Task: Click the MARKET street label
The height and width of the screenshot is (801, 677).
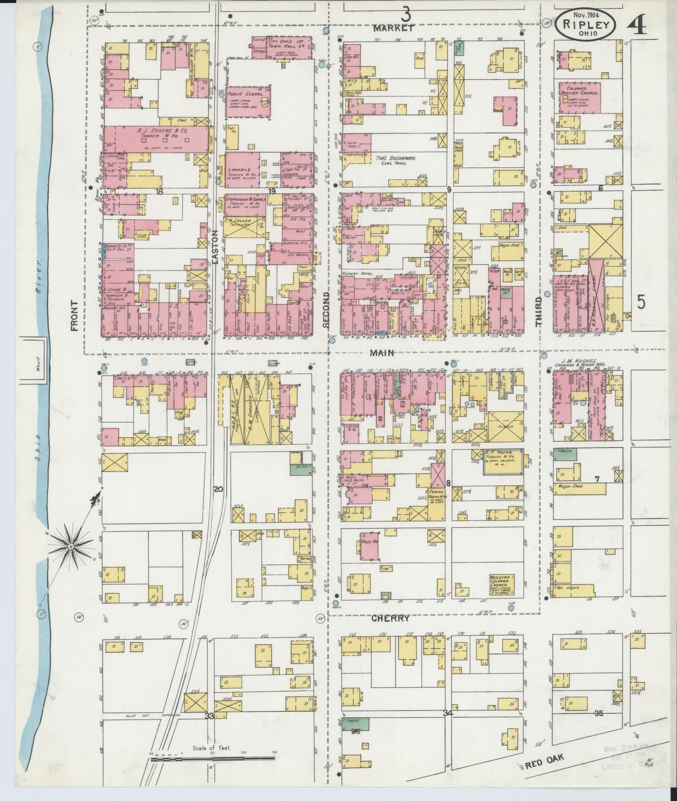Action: click(x=394, y=28)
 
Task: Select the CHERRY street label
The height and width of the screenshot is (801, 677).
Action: click(x=391, y=618)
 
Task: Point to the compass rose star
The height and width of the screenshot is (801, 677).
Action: click(x=71, y=546)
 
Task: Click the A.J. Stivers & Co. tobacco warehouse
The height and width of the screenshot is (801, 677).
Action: click(x=155, y=139)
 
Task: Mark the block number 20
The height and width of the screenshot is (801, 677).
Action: click(x=218, y=489)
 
